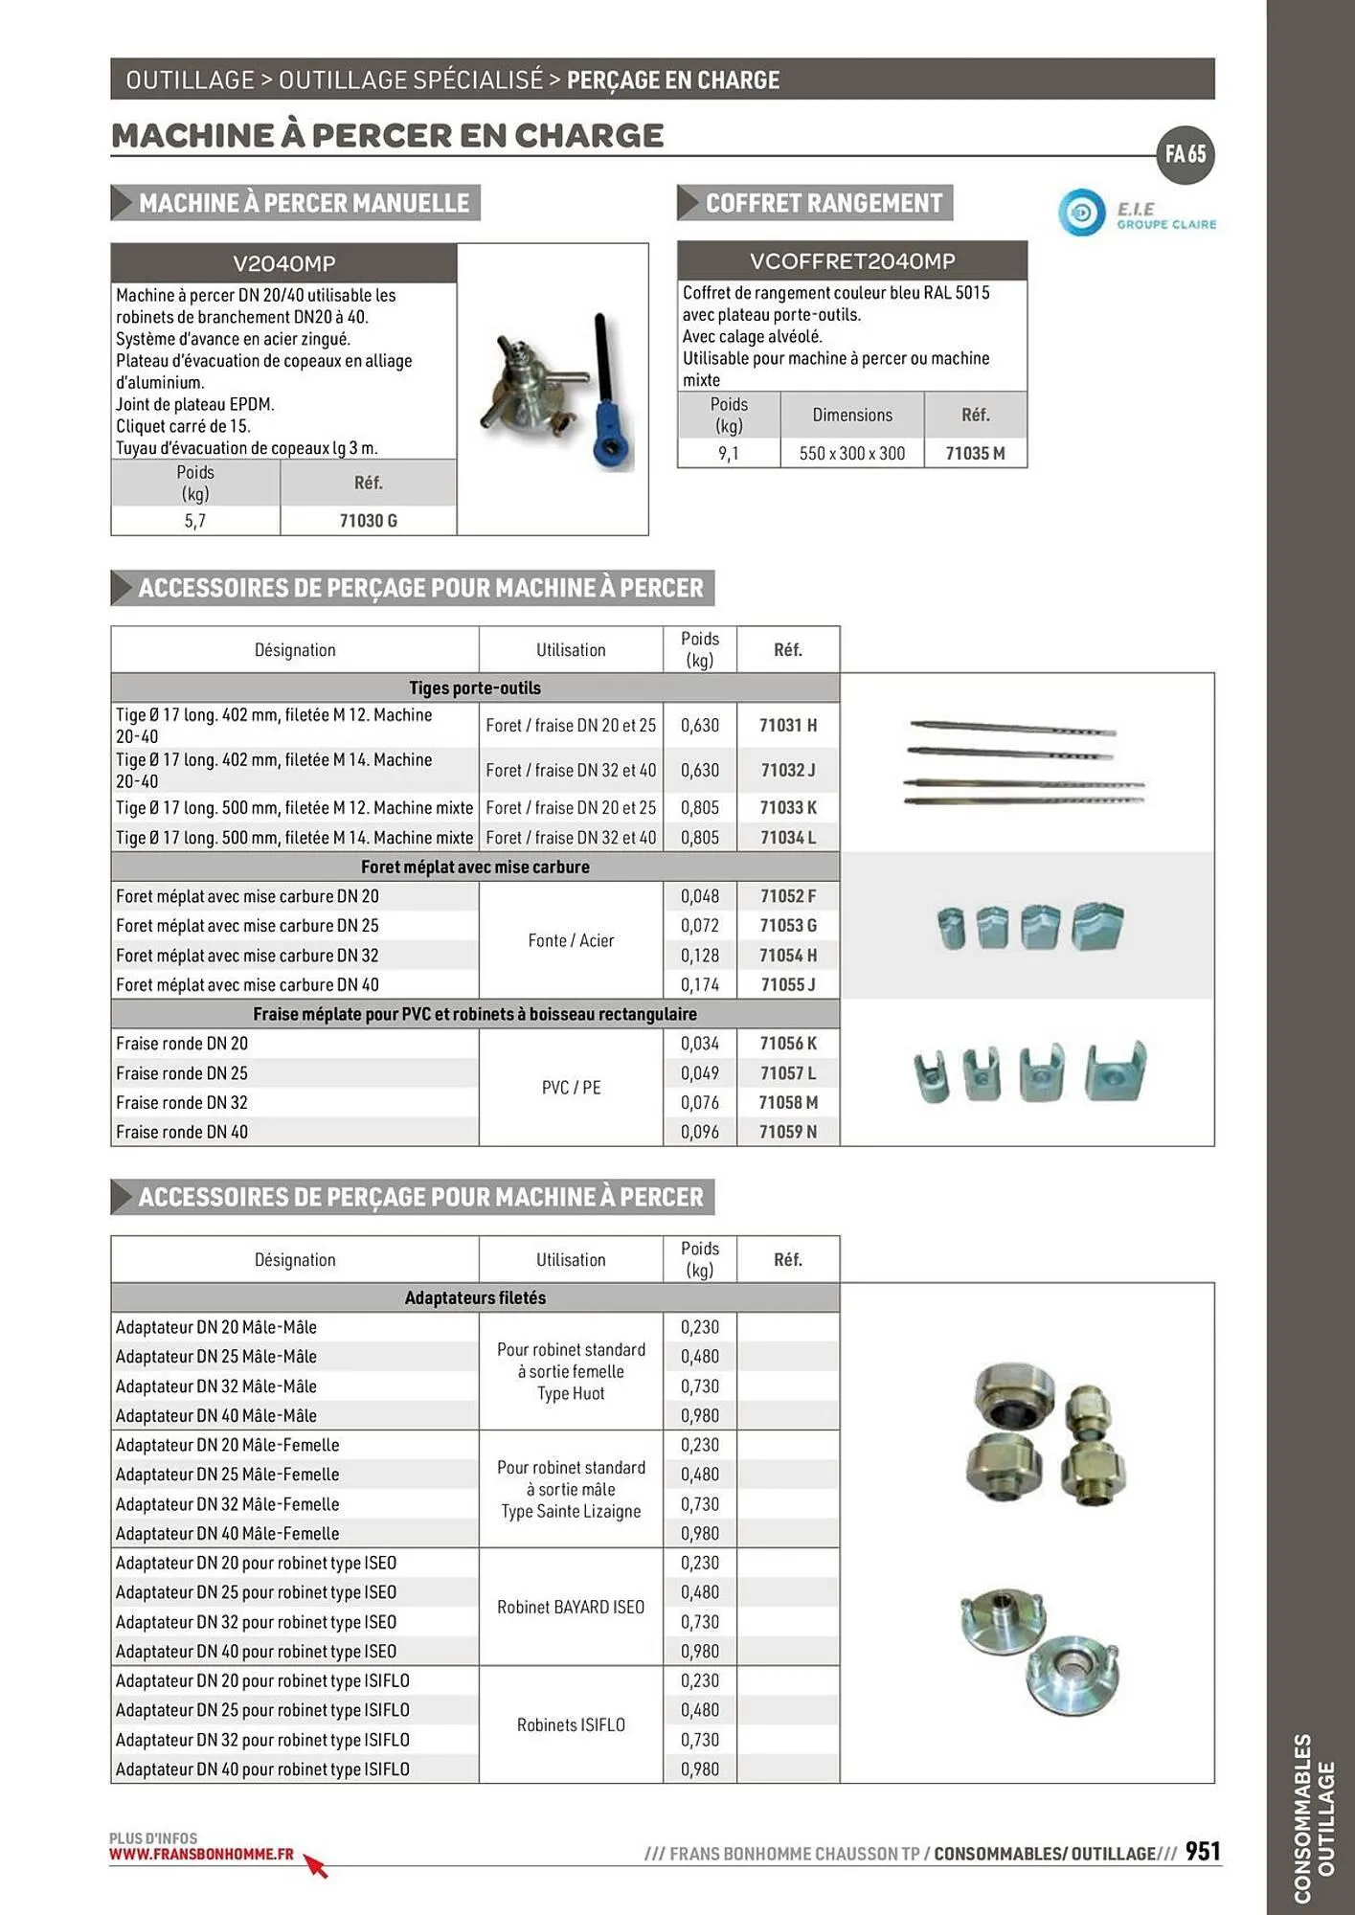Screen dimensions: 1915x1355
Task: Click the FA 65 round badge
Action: point(1185,154)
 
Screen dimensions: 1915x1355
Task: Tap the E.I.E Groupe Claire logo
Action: point(1137,213)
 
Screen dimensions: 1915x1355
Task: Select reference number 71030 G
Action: point(368,521)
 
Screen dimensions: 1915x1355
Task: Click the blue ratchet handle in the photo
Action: point(608,421)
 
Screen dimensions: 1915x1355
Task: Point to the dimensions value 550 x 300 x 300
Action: point(851,453)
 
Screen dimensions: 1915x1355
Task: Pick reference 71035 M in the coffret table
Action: point(975,453)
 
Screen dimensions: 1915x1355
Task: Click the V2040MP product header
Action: point(283,263)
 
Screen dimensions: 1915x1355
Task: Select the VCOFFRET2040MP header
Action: point(851,261)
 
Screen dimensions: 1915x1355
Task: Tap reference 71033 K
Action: point(788,807)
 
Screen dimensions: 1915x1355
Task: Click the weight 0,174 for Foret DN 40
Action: point(699,984)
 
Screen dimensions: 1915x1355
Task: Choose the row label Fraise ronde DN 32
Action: point(182,1102)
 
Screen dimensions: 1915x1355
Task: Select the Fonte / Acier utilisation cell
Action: point(571,940)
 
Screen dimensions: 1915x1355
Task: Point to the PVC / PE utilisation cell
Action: point(571,1088)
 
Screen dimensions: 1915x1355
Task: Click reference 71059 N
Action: point(788,1132)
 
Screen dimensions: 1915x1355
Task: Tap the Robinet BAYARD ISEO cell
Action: point(571,1607)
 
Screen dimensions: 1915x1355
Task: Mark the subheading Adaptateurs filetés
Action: point(475,1297)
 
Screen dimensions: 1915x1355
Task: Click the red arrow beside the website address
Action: point(316,1865)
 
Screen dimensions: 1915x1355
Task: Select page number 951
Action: point(1203,1851)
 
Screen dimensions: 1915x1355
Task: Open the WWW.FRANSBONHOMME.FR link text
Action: point(201,1854)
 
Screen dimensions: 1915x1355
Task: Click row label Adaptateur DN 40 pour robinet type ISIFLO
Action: point(262,1769)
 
